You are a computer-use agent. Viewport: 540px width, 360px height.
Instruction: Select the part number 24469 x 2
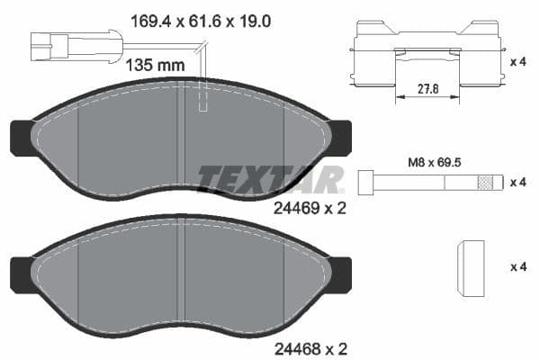(x=309, y=207)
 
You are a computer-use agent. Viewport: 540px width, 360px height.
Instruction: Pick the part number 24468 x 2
(x=309, y=347)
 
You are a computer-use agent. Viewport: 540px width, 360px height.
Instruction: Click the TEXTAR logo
(x=270, y=178)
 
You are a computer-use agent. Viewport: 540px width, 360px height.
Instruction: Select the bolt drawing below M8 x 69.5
(x=428, y=182)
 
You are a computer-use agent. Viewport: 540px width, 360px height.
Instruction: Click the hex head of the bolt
(x=366, y=182)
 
